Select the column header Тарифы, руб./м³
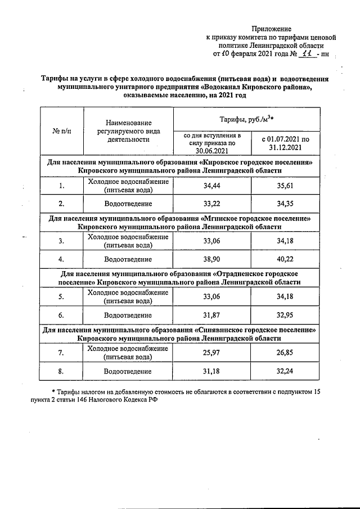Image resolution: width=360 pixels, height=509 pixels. pos(246,119)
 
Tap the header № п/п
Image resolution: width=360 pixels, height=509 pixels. pos(61,130)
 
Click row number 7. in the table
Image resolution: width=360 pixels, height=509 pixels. pos(61,353)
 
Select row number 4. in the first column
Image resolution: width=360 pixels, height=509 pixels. pos(61,259)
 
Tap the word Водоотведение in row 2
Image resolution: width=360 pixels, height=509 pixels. pos(128,203)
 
